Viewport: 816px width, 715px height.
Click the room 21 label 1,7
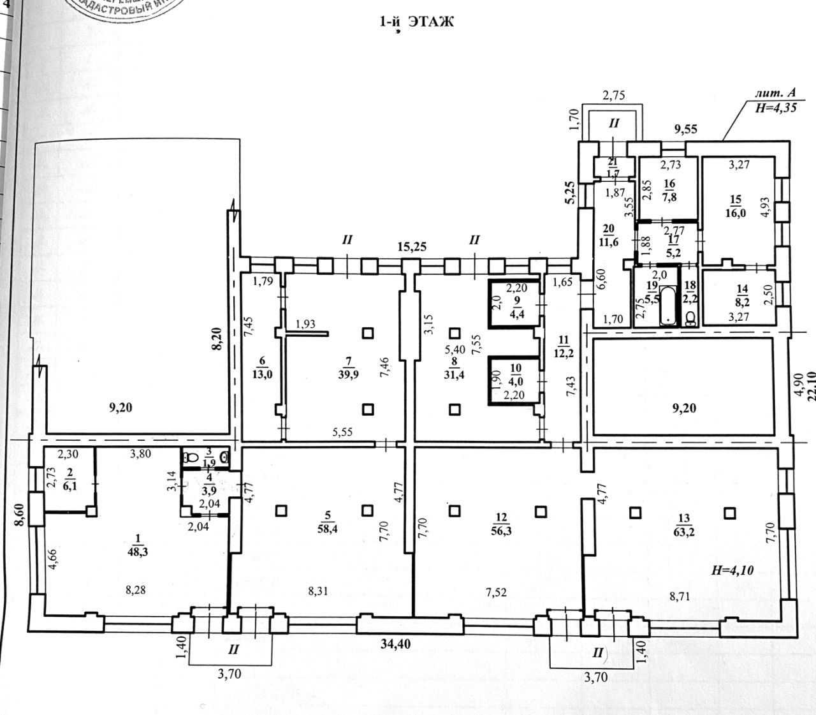pyautogui.click(x=613, y=173)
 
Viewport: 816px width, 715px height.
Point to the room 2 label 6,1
pyautogui.click(x=70, y=487)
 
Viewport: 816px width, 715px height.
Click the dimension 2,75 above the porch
pyautogui.click(x=615, y=96)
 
